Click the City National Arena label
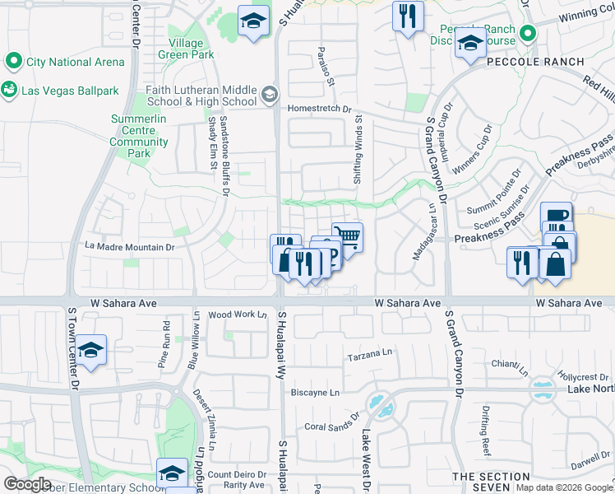point(75,62)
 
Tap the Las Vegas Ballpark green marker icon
point(11,91)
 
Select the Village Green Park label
point(191,49)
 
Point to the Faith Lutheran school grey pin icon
point(269,96)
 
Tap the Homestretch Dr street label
point(319,109)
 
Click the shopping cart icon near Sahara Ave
point(348,236)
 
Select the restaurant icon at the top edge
point(408,16)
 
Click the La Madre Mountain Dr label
point(131,246)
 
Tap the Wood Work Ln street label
point(238,315)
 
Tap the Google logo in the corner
point(27,484)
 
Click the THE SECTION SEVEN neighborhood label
point(491,482)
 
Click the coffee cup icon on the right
point(557,217)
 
